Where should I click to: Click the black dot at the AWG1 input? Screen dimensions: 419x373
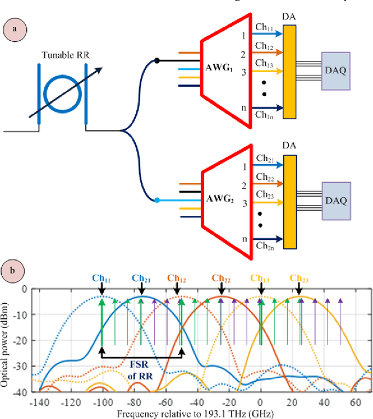coord(157,61)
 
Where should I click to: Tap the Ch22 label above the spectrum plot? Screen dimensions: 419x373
coord(221,278)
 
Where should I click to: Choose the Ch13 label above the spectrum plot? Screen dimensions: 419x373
coord(261,278)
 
